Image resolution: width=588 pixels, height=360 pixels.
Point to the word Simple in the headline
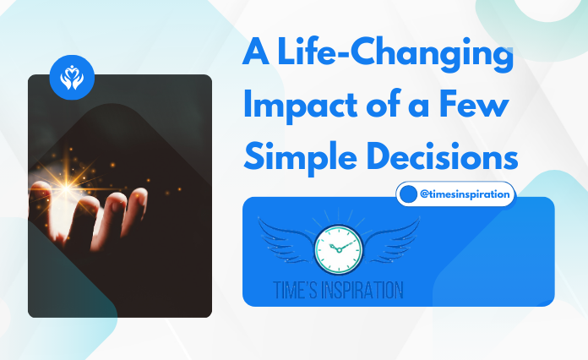(x=296, y=157)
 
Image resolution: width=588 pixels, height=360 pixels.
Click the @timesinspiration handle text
(x=465, y=194)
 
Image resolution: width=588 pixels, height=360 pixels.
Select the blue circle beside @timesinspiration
(x=409, y=194)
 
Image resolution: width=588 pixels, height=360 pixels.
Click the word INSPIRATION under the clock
(x=364, y=289)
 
